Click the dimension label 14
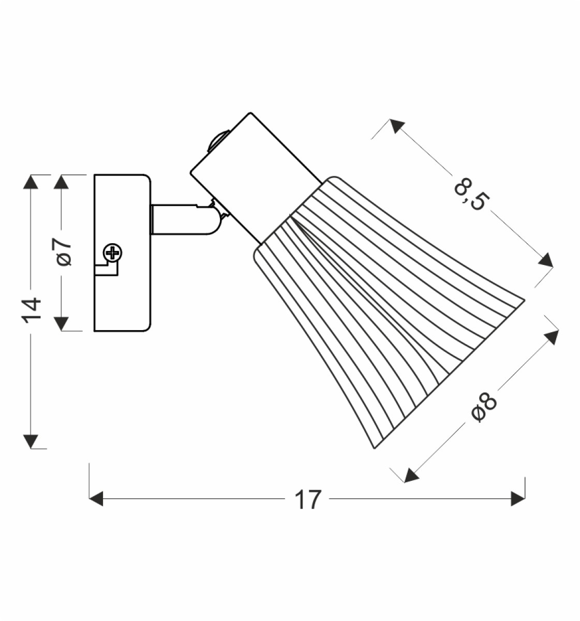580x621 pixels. [x=32, y=308]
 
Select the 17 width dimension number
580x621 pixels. [x=308, y=500]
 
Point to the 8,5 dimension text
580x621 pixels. [x=468, y=194]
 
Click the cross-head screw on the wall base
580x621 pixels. [x=113, y=252]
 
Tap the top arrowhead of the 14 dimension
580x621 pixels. [x=31, y=182]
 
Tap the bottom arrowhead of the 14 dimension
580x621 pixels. [x=31, y=441]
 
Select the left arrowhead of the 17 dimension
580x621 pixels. [x=96, y=499]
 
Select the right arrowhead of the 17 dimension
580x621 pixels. [x=518, y=499]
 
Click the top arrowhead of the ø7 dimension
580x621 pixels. [x=61, y=182]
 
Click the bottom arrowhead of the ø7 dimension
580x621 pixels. [x=61, y=323]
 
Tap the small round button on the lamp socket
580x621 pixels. [x=218, y=141]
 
